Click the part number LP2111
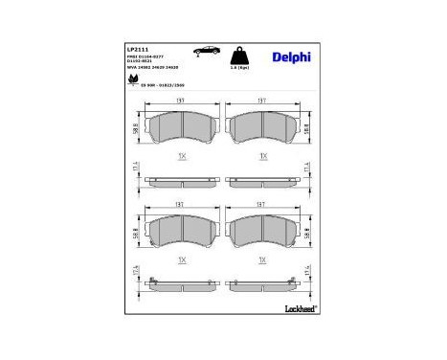tap(136, 46)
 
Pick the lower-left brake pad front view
tap(183, 231)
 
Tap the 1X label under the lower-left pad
tap(183, 259)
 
